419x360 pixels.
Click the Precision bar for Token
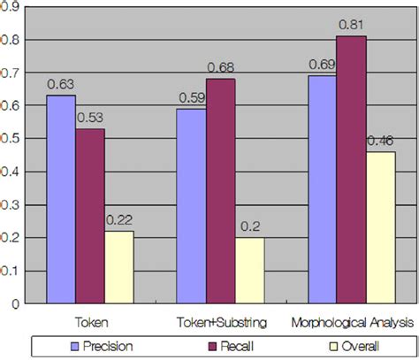click(x=62, y=199)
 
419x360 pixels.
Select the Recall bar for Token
click(x=90, y=216)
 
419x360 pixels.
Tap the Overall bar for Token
click(x=118, y=266)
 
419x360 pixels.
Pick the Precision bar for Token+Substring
click(x=192, y=205)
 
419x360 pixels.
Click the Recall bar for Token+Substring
click(x=220, y=191)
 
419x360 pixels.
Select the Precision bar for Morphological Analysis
click(x=322, y=189)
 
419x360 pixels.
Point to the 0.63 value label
click(x=60, y=85)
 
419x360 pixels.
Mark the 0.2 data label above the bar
click(x=249, y=227)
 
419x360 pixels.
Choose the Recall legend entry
click(x=230, y=346)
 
